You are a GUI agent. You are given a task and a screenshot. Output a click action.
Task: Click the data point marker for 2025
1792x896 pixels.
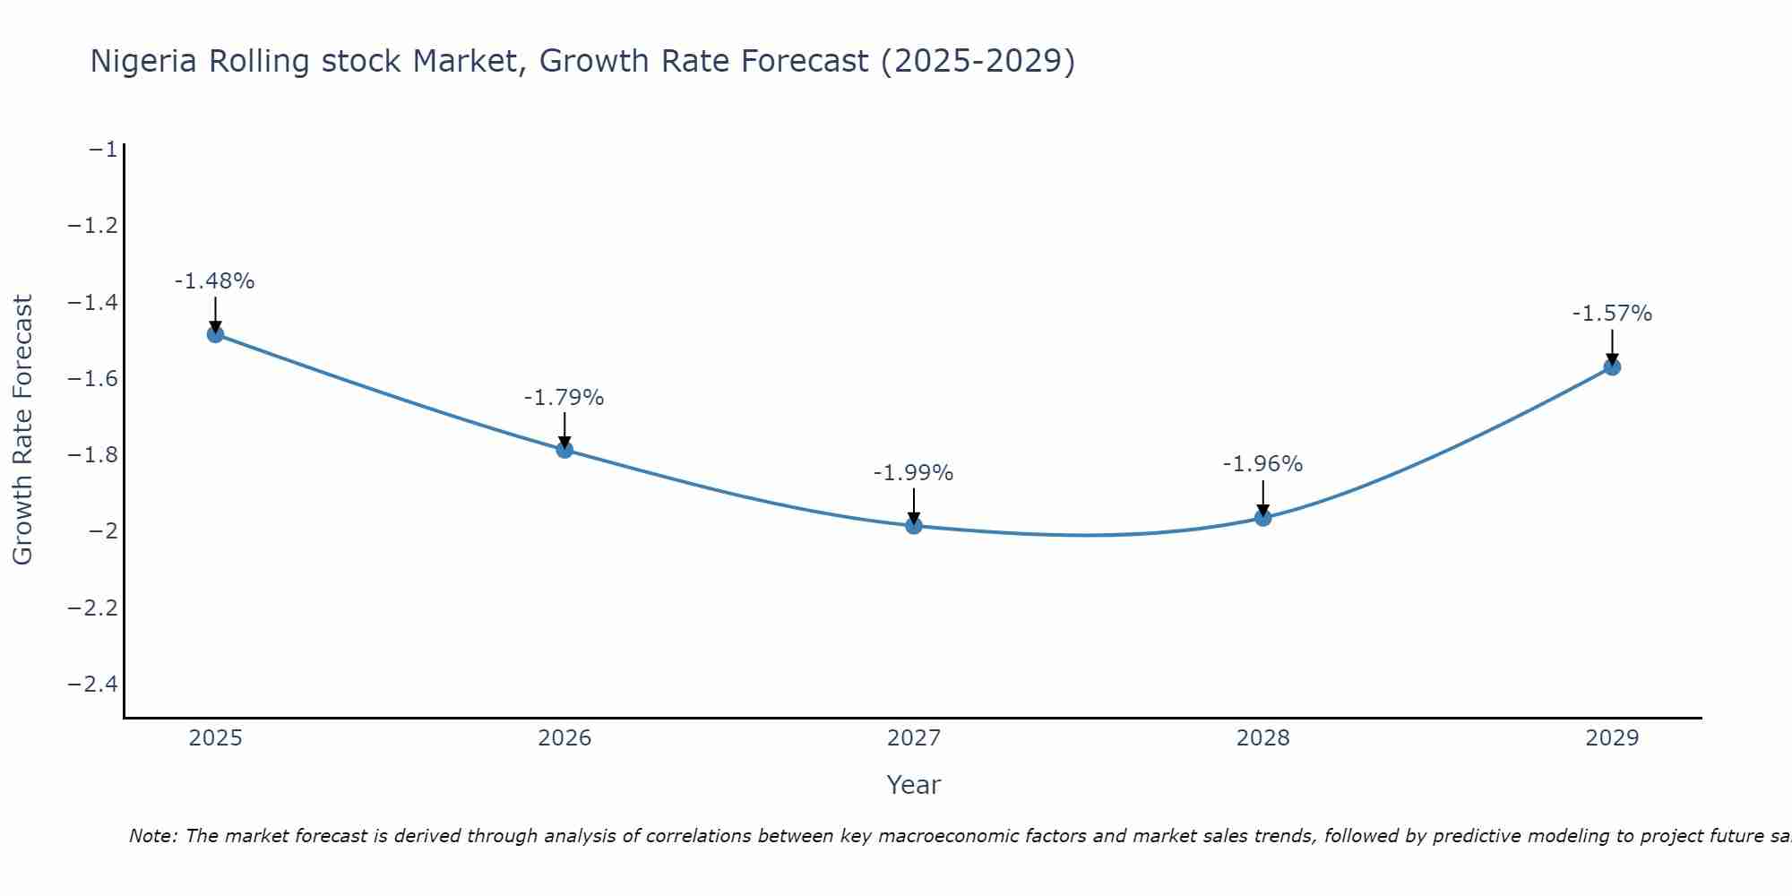click(x=215, y=334)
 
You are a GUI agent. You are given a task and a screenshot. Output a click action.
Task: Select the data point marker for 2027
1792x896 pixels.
click(x=913, y=525)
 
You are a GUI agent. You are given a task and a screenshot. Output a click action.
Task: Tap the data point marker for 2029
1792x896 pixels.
click(x=1612, y=366)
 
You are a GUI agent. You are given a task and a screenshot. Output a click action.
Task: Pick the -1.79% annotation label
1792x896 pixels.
click(x=564, y=398)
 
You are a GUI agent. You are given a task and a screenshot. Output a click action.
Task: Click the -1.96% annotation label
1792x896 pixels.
click(x=1262, y=464)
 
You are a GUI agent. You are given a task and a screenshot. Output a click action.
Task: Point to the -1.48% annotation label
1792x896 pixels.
click(x=214, y=281)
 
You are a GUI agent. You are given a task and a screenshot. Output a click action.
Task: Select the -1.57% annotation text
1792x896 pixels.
click(x=1612, y=314)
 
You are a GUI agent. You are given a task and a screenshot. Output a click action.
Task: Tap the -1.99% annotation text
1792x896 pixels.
click(x=913, y=473)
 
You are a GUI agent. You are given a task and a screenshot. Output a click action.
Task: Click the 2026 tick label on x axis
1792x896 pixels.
click(x=564, y=738)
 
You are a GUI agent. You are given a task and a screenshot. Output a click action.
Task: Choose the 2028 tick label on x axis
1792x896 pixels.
click(x=1262, y=738)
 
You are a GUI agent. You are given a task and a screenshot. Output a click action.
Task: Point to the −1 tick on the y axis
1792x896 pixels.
click(x=103, y=150)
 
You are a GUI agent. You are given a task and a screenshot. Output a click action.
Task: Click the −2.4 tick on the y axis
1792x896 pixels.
click(x=92, y=685)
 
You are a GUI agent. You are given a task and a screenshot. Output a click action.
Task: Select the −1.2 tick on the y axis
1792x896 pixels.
click(x=92, y=226)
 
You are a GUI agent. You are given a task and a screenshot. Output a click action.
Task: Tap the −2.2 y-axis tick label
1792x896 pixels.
click(x=92, y=608)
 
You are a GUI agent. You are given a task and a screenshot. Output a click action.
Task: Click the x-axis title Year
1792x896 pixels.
click(x=913, y=786)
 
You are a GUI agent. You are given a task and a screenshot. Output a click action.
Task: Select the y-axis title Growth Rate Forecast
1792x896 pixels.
click(x=22, y=430)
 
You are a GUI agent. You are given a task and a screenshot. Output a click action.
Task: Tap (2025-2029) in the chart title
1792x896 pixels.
click(x=978, y=62)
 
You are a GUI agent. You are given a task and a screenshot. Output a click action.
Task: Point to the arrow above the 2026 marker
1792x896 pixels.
click(x=564, y=429)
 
